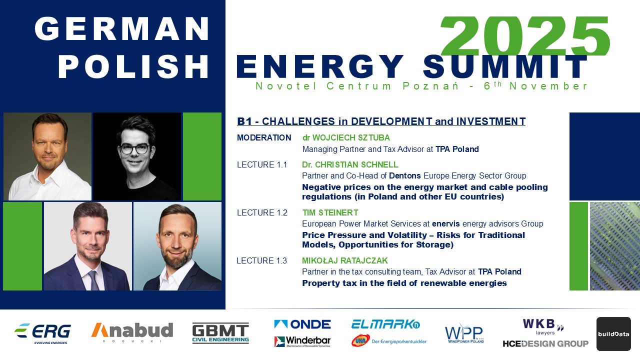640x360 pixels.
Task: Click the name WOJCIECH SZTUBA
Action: tap(351, 137)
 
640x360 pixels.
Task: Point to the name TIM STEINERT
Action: tap(330, 212)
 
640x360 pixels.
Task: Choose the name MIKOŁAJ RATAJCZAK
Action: tap(345, 260)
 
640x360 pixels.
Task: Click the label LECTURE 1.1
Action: tap(262, 165)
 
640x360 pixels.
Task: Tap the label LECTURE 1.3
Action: tap(261, 260)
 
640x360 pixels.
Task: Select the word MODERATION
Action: tap(264, 137)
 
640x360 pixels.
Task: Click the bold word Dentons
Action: tap(405, 175)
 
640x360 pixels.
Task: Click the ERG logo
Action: tap(42, 333)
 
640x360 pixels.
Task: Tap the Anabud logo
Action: tap(132, 332)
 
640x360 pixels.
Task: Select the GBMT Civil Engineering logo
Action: tap(220, 333)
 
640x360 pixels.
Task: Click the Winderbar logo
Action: tap(302, 341)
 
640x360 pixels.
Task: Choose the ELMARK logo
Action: tap(385, 324)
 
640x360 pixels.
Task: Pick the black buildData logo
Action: tap(613, 333)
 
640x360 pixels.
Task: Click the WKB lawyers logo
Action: tap(543, 327)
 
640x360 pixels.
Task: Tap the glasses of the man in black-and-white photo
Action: tap(135, 149)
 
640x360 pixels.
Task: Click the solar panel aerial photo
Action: tap(615, 246)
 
